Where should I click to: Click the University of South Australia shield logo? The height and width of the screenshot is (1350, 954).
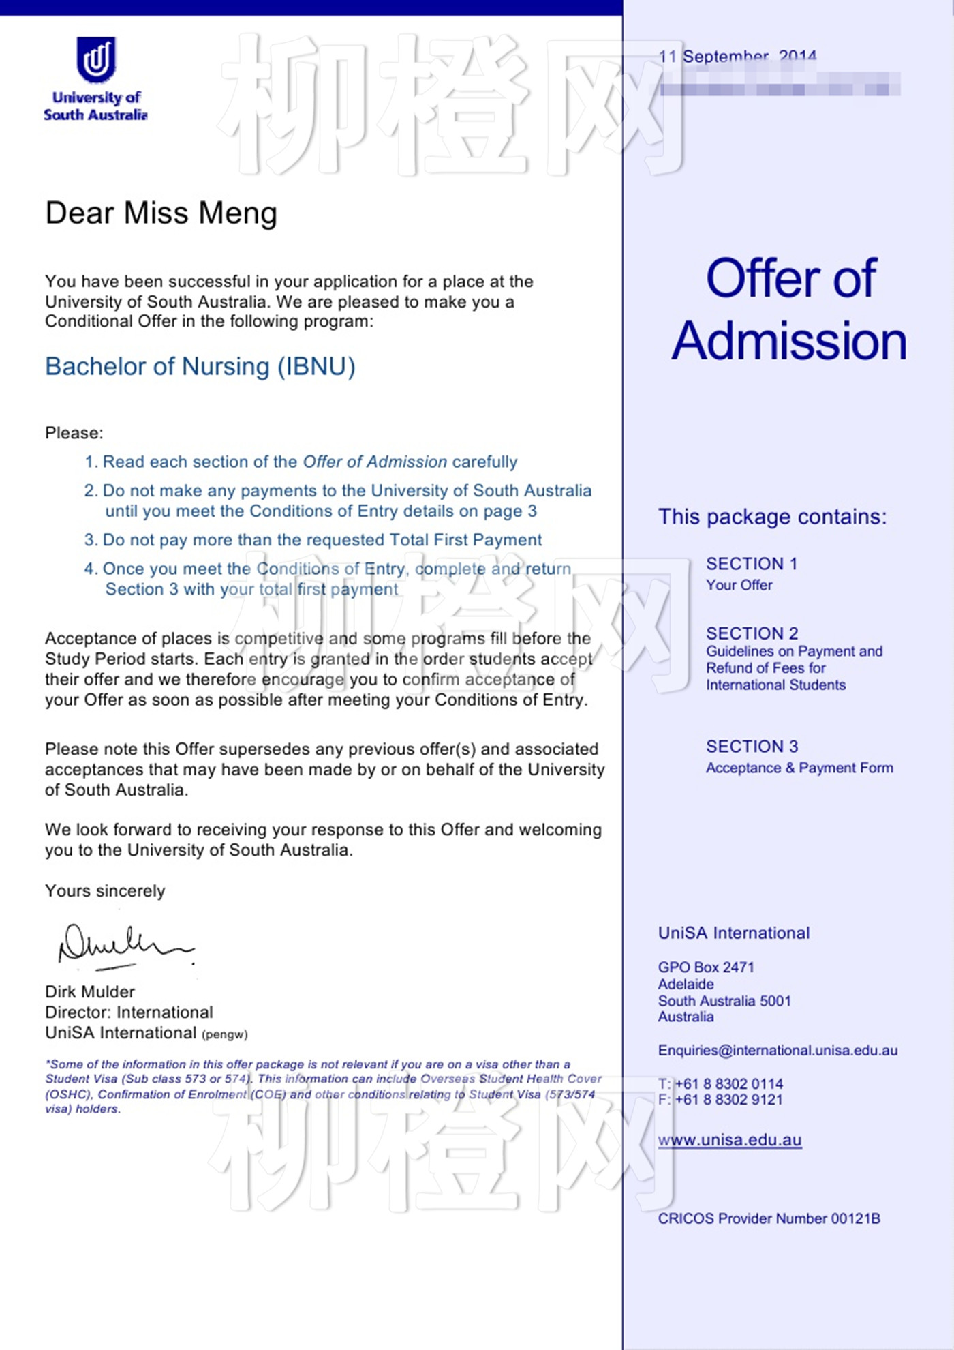[96, 60]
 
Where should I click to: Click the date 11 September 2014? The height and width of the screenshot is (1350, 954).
[737, 57]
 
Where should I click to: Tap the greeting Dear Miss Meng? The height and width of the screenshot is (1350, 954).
[161, 213]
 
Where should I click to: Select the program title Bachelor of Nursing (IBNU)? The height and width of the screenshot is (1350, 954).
[200, 367]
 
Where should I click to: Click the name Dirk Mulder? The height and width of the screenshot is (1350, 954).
[90, 991]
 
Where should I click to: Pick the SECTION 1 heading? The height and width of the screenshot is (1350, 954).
[751, 564]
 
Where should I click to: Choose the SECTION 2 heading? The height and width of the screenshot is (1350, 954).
[752, 633]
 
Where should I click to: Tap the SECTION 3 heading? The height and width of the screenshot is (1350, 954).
[752, 747]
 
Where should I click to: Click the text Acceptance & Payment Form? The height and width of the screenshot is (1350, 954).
[799, 768]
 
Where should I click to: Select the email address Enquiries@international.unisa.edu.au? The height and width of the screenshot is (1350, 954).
[778, 1050]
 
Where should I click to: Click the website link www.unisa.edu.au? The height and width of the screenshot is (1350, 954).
[729, 1140]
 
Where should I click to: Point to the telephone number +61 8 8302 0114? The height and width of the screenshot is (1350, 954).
[728, 1083]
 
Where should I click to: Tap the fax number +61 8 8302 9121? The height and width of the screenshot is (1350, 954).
[728, 1099]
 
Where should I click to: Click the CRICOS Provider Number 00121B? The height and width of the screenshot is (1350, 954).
[769, 1218]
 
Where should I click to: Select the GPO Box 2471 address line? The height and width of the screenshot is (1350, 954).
[705, 967]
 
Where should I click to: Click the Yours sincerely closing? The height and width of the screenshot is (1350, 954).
[105, 891]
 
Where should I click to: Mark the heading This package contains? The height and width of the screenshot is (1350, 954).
[772, 517]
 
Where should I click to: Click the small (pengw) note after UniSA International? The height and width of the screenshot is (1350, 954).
[225, 1034]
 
